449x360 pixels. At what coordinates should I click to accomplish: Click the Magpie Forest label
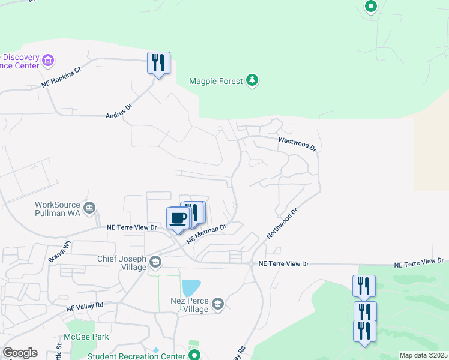[216, 81]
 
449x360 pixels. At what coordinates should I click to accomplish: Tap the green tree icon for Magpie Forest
[253, 80]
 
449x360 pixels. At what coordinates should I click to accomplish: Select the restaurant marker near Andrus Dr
[158, 62]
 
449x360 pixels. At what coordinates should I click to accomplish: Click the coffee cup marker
[178, 218]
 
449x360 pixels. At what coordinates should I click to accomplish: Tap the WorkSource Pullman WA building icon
[89, 208]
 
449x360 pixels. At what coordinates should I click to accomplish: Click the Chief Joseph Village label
[122, 263]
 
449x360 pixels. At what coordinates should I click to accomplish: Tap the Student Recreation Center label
[136, 356]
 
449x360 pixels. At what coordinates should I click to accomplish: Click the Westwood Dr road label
[297, 143]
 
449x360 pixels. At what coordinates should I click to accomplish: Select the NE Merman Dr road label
[206, 234]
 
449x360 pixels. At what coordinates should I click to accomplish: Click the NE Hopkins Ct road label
[61, 77]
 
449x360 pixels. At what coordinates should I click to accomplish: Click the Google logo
[20, 353]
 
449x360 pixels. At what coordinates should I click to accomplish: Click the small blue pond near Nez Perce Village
[191, 288]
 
